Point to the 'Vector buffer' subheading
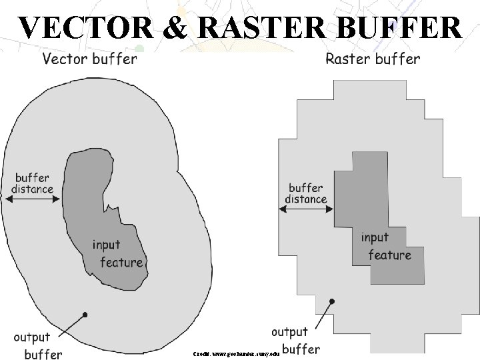[x=89, y=59]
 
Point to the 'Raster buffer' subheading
[x=372, y=59]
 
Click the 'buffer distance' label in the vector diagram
[x=33, y=183]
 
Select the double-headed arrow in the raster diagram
[x=306, y=209]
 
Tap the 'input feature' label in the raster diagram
[x=385, y=246]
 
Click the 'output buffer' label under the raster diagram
[x=293, y=340]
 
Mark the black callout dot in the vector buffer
[x=85, y=314]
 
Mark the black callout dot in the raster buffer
[x=332, y=301]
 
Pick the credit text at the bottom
[x=235, y=350]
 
